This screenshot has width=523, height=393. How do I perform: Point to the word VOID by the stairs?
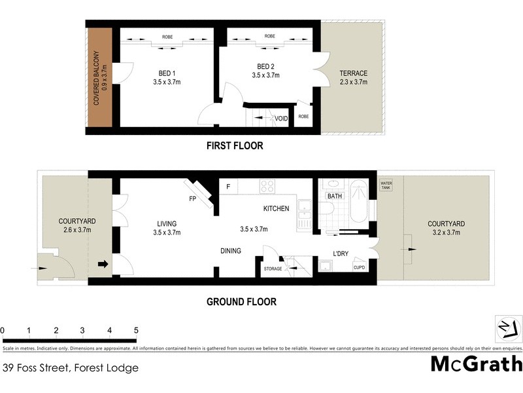(282, 119)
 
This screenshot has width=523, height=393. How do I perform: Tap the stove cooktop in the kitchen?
(267, 186)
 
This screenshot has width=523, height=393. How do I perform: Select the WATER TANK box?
(386, 185)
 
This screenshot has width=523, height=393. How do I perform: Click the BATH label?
(335, 196)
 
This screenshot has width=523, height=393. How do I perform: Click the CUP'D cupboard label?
(359, 267)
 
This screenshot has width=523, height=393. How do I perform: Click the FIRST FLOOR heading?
(234, 146)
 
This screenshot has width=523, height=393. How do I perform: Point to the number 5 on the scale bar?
(136, 329)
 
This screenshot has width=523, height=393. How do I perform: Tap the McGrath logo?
(477, 364)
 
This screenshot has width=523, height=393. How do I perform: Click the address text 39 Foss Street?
(71, 368)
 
